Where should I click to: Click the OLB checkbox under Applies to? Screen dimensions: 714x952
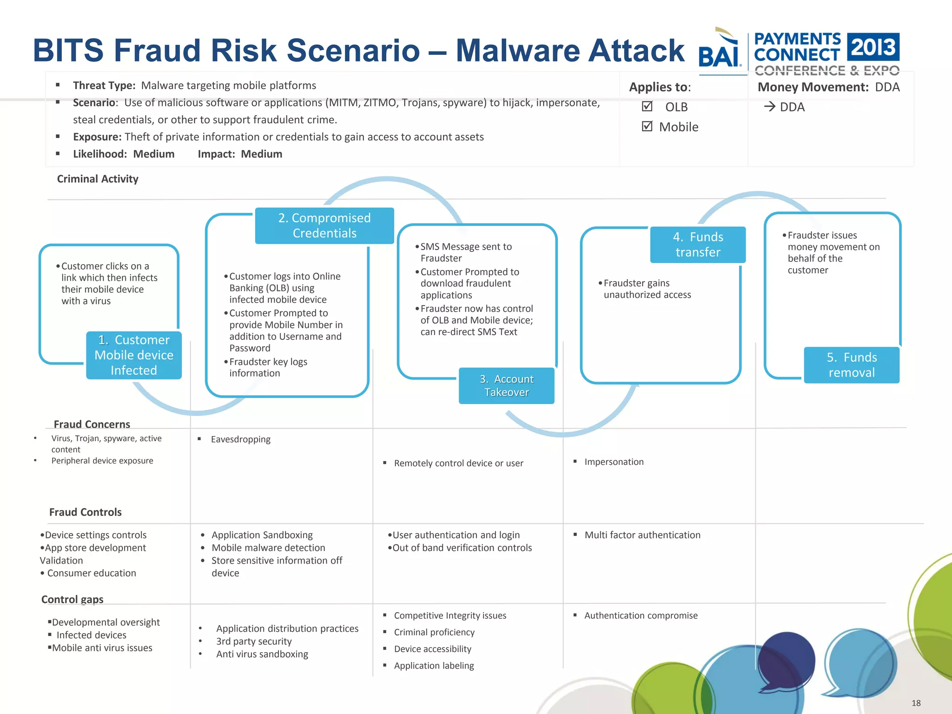(x=647, y=106)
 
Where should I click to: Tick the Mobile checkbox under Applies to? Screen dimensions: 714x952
(x=647, y=126)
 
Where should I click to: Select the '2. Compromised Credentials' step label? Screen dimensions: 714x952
(x=324, y=225)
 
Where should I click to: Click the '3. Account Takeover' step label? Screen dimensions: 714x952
(x=506, y=385)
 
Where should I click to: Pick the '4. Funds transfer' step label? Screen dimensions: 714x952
(x=698, y=245)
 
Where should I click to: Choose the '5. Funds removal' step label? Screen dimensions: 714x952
(x=852, y=365)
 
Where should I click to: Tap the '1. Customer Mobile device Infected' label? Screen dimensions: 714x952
(x=134, y=355)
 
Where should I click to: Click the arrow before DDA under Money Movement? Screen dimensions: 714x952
(x=770, y=107)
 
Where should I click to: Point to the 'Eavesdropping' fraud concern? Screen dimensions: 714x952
(x=240, y=439)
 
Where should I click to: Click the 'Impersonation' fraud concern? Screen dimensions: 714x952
(x=614, y=462)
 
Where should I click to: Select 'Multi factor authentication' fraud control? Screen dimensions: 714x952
(x=642, y=535)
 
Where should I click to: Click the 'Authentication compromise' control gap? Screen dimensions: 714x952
(x=641, y=615)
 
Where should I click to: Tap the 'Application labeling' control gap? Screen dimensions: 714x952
(x=434, y=666)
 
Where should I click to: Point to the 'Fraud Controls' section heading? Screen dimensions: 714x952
(x=86, y=512)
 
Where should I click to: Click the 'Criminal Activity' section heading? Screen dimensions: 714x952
(x=98, y=179)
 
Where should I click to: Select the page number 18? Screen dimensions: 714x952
(x=916, y=703)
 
